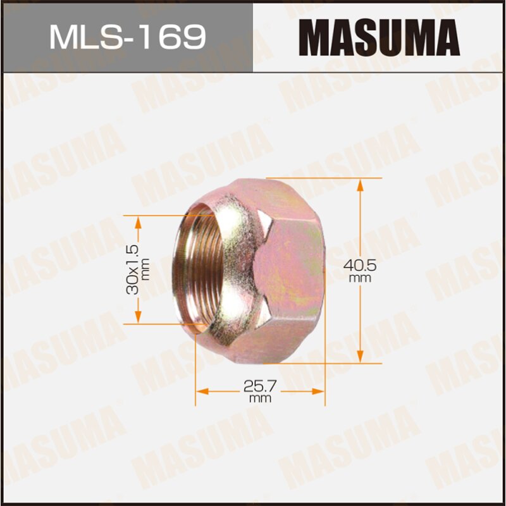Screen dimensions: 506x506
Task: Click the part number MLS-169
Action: [x=127, y=37]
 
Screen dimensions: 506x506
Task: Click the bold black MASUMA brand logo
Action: [x=379, y=36]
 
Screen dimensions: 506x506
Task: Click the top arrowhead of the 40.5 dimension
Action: [x=360, y=183]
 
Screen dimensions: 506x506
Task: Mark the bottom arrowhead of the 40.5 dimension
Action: [x=360, y=359]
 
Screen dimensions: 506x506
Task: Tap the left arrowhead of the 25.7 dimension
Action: [x=200, y=392]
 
